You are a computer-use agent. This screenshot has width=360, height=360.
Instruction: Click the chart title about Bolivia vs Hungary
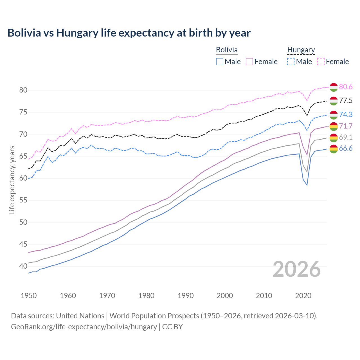click(129, 33)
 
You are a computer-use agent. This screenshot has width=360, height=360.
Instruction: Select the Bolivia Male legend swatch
click(220, 62)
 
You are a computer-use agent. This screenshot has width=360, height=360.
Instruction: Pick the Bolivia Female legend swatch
click(250, 62)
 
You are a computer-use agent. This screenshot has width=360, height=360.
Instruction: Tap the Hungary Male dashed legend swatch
click(291, 62)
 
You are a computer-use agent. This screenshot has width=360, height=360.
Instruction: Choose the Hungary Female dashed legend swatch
click(321, 62)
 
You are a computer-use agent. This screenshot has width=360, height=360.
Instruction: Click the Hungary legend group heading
click(301, 50)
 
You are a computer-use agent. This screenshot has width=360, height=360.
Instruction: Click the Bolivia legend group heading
click(227, 50)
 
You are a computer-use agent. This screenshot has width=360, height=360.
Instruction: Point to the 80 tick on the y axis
click(23, 90)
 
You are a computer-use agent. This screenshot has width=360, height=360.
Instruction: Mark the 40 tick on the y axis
click(23, 266)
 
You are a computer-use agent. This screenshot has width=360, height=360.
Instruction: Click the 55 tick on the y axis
click(23, 200)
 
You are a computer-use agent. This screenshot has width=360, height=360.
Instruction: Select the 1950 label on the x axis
click(29, 296)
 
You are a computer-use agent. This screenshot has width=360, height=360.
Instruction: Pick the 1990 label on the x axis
click(186, 296)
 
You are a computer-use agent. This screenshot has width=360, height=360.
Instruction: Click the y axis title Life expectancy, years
click(12, 180)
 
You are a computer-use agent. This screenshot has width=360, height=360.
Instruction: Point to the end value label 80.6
click(346, 87)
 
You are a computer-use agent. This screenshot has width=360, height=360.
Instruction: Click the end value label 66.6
click(346, 148)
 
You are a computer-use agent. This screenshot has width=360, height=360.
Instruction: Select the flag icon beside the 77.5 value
click(334, 101)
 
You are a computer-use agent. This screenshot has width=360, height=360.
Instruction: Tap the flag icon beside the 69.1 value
click(334, 138)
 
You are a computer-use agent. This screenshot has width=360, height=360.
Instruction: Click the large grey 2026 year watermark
click(297, 269)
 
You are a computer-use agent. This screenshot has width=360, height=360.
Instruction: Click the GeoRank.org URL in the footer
click(84, 327)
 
